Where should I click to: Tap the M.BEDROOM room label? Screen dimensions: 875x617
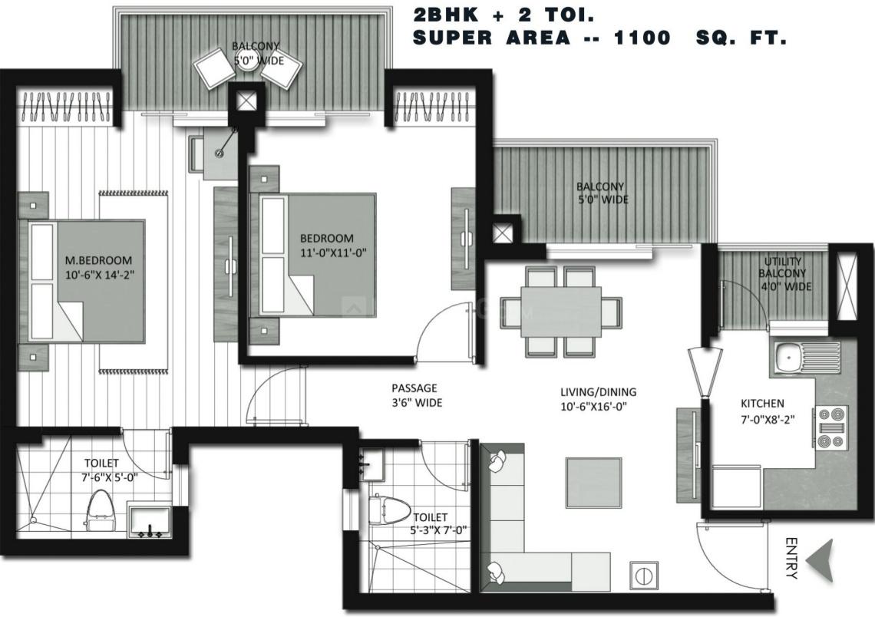(99, 260)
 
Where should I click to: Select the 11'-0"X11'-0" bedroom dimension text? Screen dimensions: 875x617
(333, 252)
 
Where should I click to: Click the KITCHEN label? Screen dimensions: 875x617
(762, 403)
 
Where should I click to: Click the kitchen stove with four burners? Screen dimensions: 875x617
(830, 427)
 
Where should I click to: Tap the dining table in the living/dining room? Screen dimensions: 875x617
(561, 312)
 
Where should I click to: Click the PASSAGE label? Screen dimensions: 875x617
(414, 388)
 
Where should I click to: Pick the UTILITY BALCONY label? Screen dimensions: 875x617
(782, 267)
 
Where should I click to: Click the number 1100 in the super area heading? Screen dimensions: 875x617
(642, 38)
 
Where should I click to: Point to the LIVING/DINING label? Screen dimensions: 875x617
(599, 392)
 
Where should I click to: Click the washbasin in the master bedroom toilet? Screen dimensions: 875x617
(149, 522)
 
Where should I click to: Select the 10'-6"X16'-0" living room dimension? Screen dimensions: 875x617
(594, 407)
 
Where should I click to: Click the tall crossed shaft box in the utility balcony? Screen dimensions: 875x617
(847, 287)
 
